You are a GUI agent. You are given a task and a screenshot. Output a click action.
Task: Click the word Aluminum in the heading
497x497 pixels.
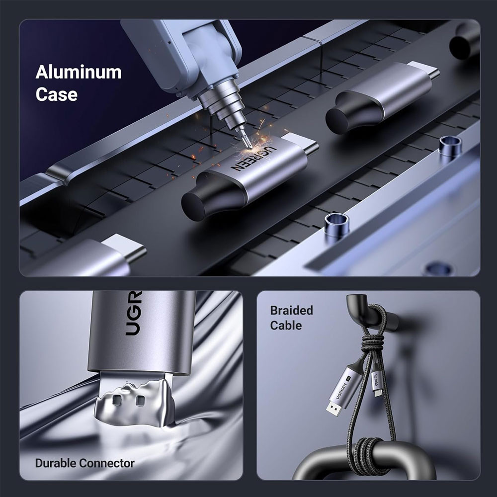point(79,72)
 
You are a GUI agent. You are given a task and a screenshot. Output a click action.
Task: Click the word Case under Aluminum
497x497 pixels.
point(57,94)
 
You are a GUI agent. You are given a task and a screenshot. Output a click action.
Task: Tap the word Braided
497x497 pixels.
point(291,310)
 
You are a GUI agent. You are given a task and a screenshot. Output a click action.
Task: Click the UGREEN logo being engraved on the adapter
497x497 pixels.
point(254,158)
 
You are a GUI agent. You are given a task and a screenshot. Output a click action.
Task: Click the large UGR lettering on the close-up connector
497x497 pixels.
point(133,313)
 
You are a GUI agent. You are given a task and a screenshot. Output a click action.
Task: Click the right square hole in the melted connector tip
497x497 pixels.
point(140,401)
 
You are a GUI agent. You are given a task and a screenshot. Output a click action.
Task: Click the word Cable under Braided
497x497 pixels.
point(286,326)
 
